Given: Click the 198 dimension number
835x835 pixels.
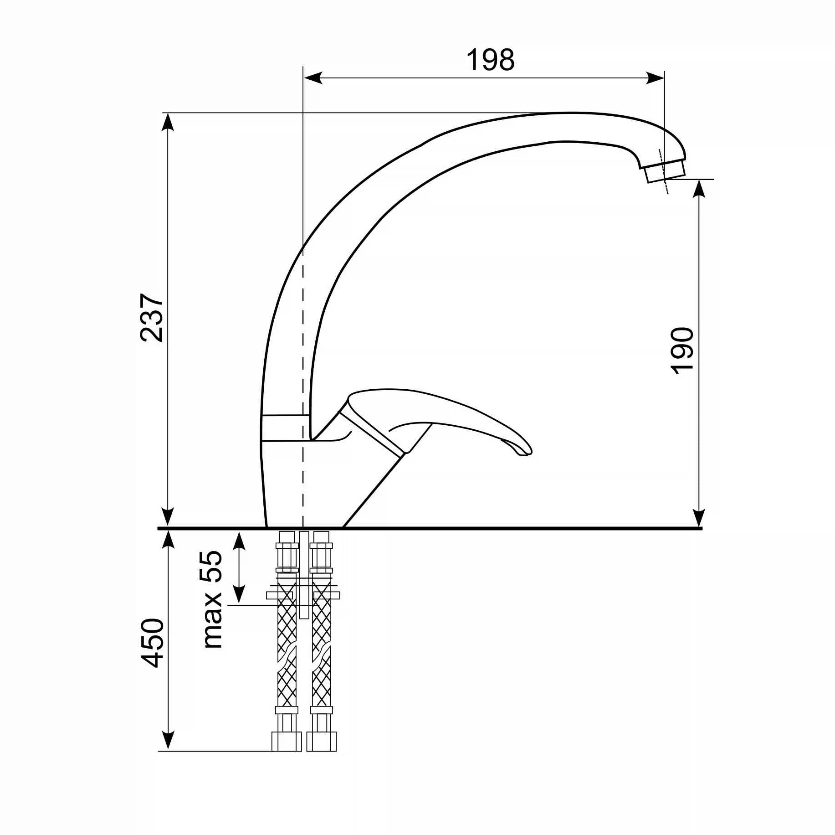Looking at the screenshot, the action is pos(490,60).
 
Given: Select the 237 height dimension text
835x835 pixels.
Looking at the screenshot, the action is pos(152,317).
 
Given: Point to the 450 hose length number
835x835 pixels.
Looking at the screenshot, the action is pos(152,643).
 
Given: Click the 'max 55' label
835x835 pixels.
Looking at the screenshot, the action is pos(211,600).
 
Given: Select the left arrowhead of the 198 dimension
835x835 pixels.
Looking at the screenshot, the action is pos(313,78).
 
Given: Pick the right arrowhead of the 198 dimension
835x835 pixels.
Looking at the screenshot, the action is pos(655,78).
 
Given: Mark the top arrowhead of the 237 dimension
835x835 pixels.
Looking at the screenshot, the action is pos(168,122).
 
